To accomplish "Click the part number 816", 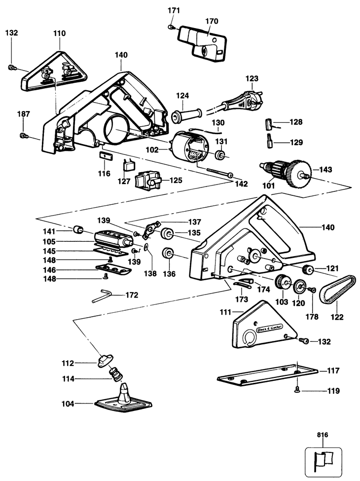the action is pos(323,435).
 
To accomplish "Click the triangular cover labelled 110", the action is pos(54,72).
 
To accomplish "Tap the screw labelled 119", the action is pos(297,390).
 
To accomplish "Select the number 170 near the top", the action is pos(212,21).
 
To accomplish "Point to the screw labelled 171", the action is pos(171,27).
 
